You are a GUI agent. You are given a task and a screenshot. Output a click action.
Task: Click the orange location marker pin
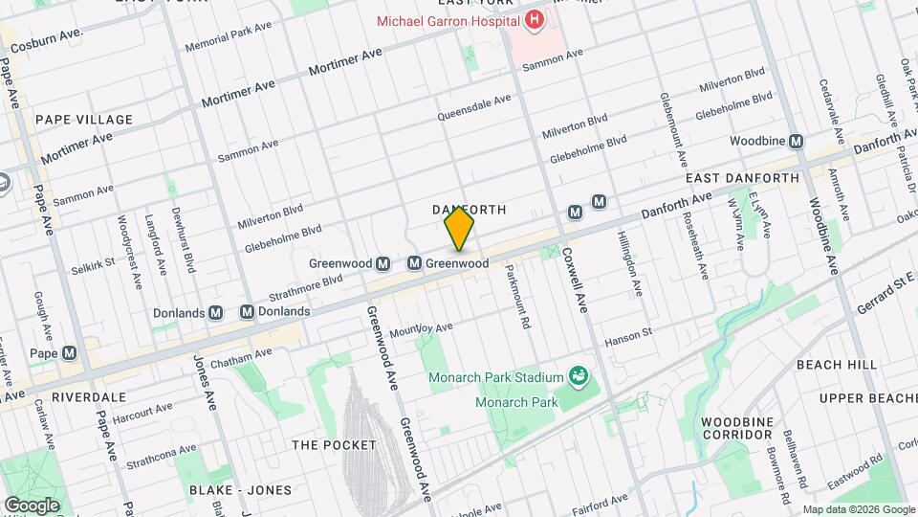coord(459,229)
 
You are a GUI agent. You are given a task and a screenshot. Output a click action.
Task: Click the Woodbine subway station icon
coord(796,141)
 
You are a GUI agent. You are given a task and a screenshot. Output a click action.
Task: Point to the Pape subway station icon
coord(69,353)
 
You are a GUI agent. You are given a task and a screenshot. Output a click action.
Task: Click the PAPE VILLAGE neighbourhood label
coord(83,120)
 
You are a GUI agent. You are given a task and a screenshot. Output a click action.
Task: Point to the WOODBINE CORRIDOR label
coord(735,428)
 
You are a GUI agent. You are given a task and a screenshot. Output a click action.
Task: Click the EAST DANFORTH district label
coord(742,179)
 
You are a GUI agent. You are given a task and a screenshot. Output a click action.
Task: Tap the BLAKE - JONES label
coord(241,490)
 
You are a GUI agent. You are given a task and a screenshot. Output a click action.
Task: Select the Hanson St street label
coord(627,337)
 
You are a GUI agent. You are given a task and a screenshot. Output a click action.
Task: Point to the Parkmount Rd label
coord(517,297)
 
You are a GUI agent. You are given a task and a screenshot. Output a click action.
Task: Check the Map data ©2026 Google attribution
coord(859,509)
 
